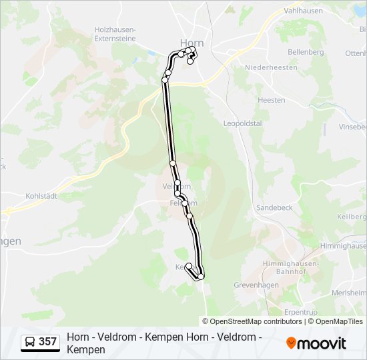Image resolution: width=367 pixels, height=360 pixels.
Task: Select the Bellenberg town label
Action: click(x=306, y=52)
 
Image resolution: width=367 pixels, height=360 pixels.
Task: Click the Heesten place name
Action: click(x=271, y=100)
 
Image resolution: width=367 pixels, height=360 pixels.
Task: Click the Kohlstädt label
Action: click(x=41, y=196)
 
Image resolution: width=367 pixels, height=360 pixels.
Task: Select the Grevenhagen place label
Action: click(x=256, y=285)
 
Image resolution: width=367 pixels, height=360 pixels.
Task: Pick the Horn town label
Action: click(x=192, y=43)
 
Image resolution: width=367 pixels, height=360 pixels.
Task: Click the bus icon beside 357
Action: click(x=30, y=342)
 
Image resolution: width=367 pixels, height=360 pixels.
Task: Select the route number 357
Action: click(x=47, y=342)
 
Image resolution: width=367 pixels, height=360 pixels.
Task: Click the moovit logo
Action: click(x=316, y=343)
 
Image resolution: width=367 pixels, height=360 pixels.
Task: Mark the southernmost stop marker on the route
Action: click(x=201, y=277)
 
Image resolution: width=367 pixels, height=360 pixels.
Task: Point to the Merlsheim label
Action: click(x=352, y=292)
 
